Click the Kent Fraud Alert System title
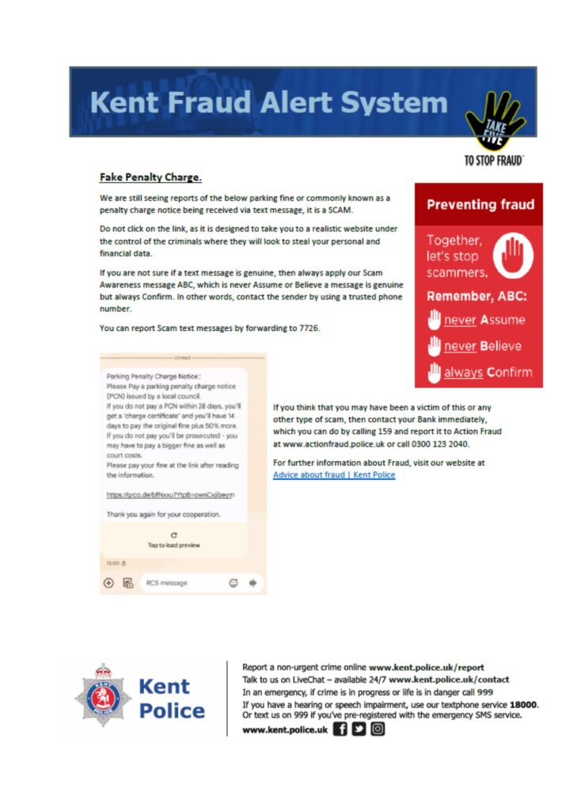268,103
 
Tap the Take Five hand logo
495,119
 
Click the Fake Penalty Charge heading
150,177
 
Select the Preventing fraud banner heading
480,205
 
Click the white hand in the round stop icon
514,255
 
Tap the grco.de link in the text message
170,495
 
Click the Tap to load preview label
173,545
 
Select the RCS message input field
182,583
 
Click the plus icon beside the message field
109,583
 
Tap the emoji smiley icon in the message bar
233,583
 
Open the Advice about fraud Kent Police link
333,474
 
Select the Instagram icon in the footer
378,729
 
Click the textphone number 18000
523,703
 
